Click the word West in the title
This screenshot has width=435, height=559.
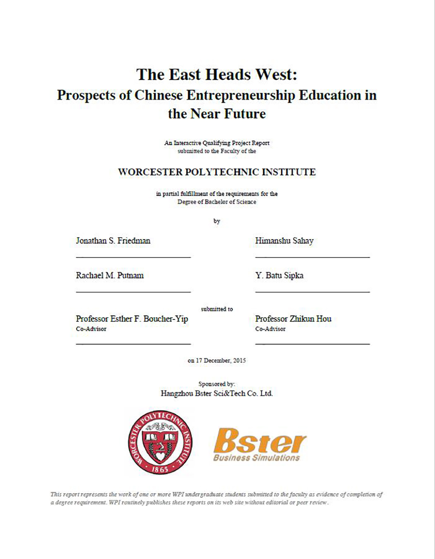tap(276, 75)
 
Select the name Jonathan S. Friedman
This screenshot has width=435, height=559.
tap(113, 241)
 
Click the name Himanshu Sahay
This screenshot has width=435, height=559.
tap(284, 241)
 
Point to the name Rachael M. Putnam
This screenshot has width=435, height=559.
tap(110, 276)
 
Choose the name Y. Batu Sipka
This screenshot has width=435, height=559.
tap(279, 276)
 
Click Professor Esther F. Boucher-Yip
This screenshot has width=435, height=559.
tap(132, 319)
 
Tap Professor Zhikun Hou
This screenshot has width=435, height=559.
tap(293, 319)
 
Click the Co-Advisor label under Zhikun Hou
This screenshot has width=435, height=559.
tap(270, 329)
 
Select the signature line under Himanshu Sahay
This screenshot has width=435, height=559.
tap(312, 257)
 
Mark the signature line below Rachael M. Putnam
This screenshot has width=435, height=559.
tap(133, 292)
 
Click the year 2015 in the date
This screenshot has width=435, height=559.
tap(239, 361)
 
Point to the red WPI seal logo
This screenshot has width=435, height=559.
tap(160, 442)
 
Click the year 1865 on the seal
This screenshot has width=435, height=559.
tap(160, 469)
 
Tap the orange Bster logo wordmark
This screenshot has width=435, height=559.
tap(260, 441)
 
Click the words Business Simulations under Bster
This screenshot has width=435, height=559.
tap(257, 458)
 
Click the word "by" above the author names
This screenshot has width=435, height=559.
tap(217, 221)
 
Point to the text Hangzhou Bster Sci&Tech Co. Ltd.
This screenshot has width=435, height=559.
tap(217, 394)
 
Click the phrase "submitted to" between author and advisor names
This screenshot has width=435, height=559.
tap(217, 309)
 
